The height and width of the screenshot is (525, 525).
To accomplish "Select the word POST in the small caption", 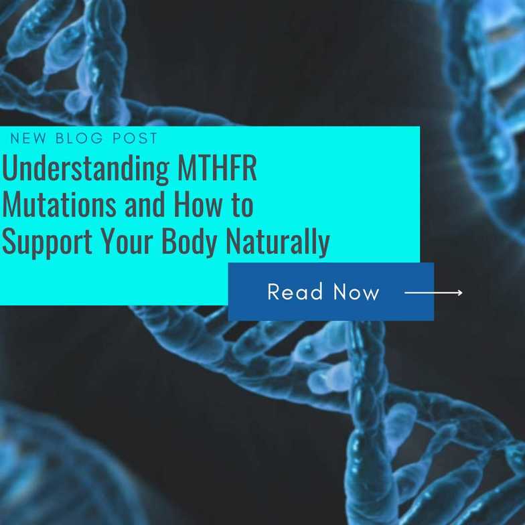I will tap(136, 139).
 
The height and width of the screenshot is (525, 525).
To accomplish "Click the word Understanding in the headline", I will tap(86, 170).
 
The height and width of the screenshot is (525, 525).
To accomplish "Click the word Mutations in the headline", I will tap(58, 205).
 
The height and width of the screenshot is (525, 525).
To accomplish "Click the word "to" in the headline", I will tap(242, 205).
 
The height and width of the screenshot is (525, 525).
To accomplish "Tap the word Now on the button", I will tap(356, 292).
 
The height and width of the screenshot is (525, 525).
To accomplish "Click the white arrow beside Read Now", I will tap(433, 293).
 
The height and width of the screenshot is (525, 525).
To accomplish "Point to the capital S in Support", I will tap(9, 242).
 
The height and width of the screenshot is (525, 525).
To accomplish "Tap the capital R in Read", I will tap(274, 292).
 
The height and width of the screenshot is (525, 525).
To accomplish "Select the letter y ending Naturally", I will tap(323, 246).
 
